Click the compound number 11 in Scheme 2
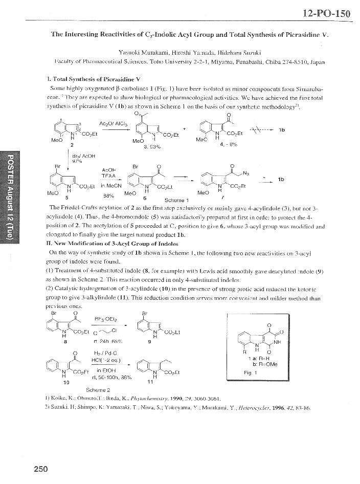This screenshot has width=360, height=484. coord(150,382)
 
